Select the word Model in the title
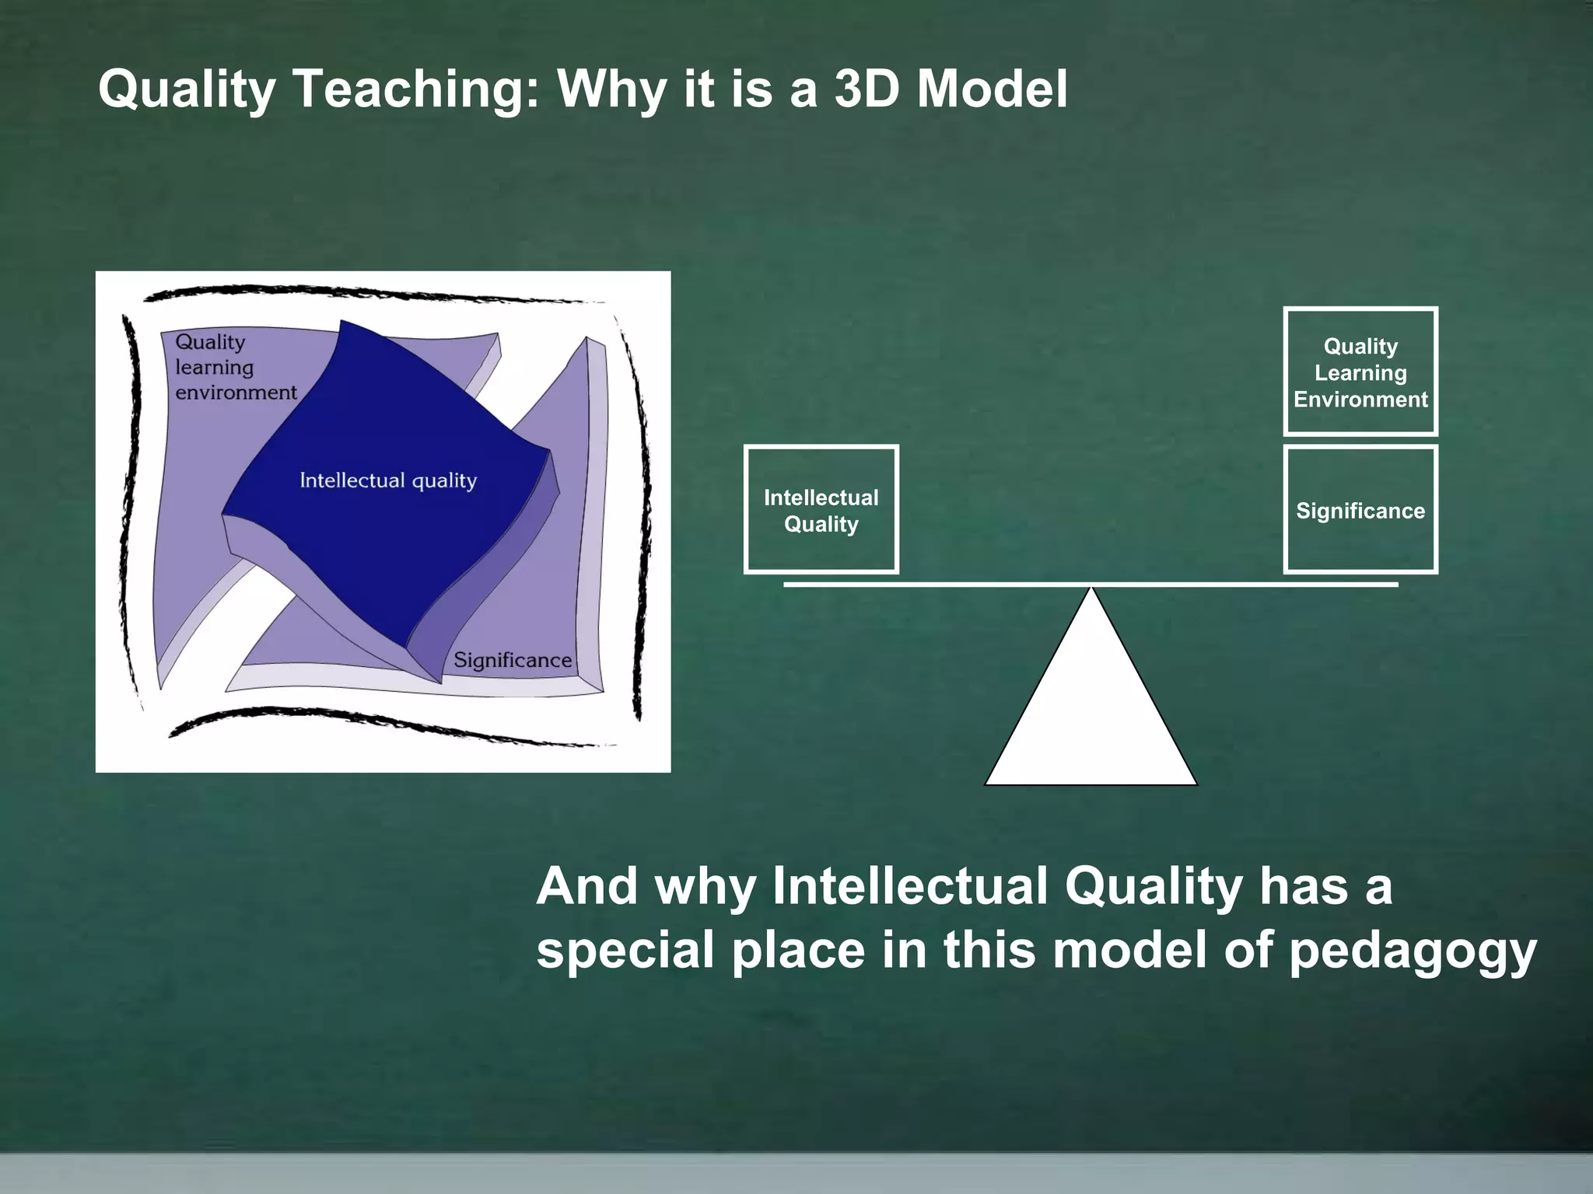992,89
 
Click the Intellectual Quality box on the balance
821,510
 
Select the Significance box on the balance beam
1360,510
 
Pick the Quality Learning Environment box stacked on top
1360,372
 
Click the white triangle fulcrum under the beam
1091,715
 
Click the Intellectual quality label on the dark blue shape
388,480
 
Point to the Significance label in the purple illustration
512,660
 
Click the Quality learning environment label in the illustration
226,367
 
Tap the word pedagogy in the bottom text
1412,950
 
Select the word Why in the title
611,89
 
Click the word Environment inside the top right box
1360,400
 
